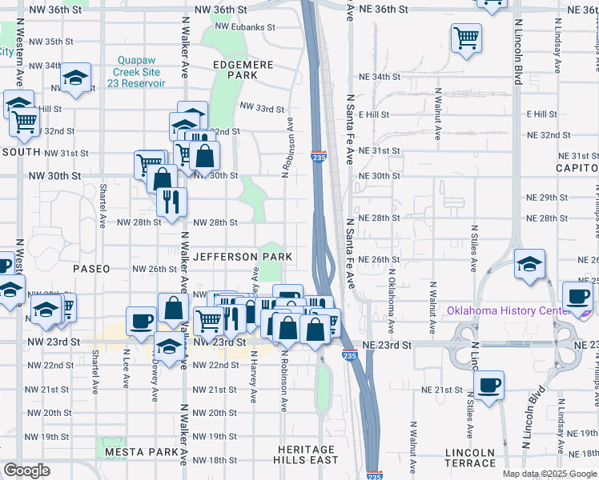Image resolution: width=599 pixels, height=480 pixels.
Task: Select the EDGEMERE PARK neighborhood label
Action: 235,69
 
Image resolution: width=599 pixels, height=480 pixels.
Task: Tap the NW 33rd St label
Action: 262,108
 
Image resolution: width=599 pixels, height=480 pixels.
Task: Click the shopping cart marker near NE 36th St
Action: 466,37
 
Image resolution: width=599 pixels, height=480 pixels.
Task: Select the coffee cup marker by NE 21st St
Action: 488,386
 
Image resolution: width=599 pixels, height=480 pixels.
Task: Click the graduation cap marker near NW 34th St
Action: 75,78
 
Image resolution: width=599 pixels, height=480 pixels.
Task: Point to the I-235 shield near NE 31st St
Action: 318,158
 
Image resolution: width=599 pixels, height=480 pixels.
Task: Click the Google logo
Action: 26,470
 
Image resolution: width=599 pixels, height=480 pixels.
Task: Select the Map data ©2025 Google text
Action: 549,474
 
